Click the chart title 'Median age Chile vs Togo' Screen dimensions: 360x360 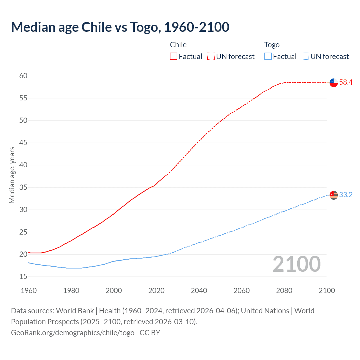click(x=120, y=27)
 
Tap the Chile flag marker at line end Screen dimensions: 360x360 click(x=334, y=83)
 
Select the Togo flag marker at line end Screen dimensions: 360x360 click(x=334, y=195)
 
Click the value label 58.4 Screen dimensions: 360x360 click(x=346, y=82)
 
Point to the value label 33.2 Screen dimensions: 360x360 click(x=346, y=195)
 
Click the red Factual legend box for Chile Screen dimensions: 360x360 click(x=174, y=57)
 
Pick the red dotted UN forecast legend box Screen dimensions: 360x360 click(x=211, y=57)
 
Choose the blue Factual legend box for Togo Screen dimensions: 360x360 click(x=268, y=57)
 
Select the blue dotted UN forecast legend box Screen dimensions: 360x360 click(x=305, y=57)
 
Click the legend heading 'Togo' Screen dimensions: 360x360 click(x=272, y=45)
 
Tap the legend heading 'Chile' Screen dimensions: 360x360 click(x=178, y=45)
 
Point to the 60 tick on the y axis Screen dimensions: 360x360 click(x=23, y=76)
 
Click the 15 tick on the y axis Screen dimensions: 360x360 click(x=23, y=277)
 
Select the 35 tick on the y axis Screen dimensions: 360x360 click(x=23, y=187)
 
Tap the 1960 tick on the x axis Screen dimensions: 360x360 click(x=29, y=291)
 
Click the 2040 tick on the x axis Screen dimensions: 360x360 click(x=199, y=291)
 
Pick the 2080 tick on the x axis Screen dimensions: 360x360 click(x=284, y=291)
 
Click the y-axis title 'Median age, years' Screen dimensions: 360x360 click(x=12, y=175)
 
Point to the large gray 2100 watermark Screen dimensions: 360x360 click(x=296, y=264)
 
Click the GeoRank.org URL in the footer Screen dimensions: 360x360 click(x=73, y=333)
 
